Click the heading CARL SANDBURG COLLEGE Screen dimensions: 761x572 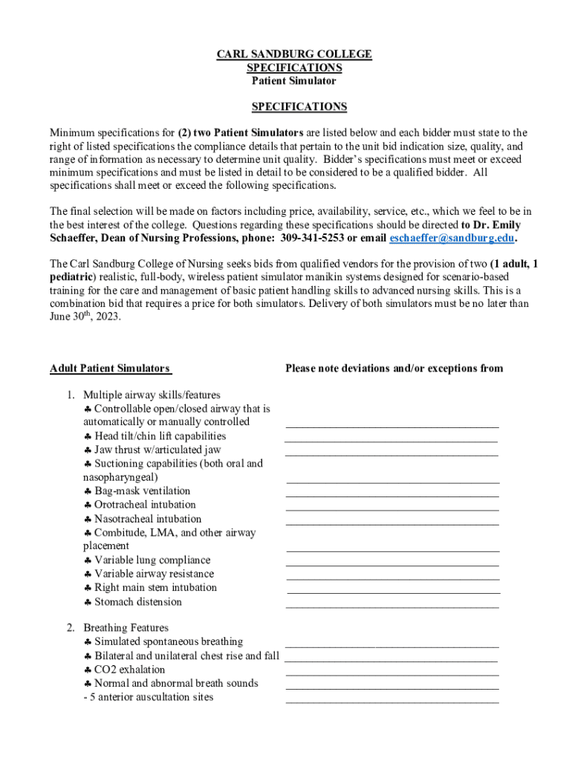pos(293,54)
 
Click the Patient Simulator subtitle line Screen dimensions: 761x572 pos(293,81)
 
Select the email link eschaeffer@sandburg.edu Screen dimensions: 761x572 pos(452,239)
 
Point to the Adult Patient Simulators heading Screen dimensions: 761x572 pos(110,369)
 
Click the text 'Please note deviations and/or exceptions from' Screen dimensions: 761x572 pos(394,369)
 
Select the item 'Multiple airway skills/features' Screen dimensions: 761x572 pos(152,395)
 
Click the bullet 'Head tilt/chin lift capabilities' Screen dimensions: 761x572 pos(160,436)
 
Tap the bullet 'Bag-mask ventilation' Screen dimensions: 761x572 pos(142,491)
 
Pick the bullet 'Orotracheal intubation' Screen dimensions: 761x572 pos(145,505)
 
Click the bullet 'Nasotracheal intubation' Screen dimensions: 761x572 pos(148,519)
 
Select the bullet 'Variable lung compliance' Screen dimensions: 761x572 pos(152,560)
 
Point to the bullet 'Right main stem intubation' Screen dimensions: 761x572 pos(155,588)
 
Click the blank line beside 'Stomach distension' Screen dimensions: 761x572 pos(392,606)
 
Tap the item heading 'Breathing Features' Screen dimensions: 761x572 pos(126,628)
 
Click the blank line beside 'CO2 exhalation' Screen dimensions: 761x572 pos(392,673)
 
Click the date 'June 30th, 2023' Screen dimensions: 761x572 pos(85,317)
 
